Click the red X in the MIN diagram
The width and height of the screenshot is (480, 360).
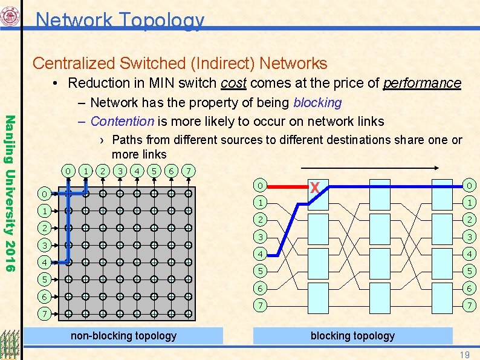314,188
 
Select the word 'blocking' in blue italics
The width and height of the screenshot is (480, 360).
317,103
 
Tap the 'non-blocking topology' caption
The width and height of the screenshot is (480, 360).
124,335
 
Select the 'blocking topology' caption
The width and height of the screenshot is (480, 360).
352,335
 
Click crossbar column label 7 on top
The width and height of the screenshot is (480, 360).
189,171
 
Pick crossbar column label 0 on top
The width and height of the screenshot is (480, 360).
70,171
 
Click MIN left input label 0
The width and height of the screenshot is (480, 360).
258,185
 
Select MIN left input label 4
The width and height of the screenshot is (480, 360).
258,254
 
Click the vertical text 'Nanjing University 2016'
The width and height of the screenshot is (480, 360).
10,185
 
